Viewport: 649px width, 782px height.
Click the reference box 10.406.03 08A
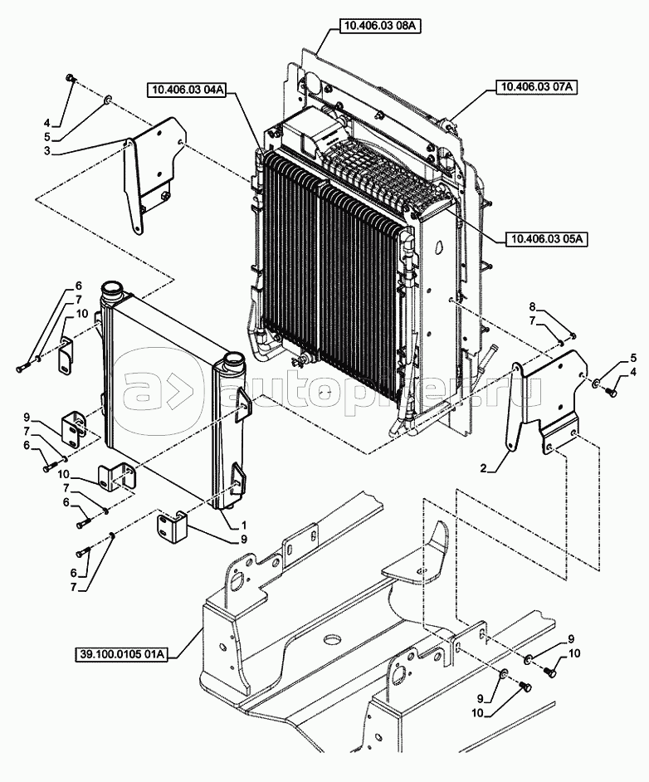coord(379,27)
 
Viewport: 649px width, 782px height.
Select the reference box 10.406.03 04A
coord(187,89)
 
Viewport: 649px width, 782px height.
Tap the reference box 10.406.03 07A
coord(538,86)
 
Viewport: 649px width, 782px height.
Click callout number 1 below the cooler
coord(244,525)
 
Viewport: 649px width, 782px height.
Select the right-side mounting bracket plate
coord(548,398)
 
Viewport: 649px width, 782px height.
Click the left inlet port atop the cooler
coord(112,293)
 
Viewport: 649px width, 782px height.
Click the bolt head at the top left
coord(71,79)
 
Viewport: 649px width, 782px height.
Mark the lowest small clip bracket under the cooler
coord(173,525)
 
